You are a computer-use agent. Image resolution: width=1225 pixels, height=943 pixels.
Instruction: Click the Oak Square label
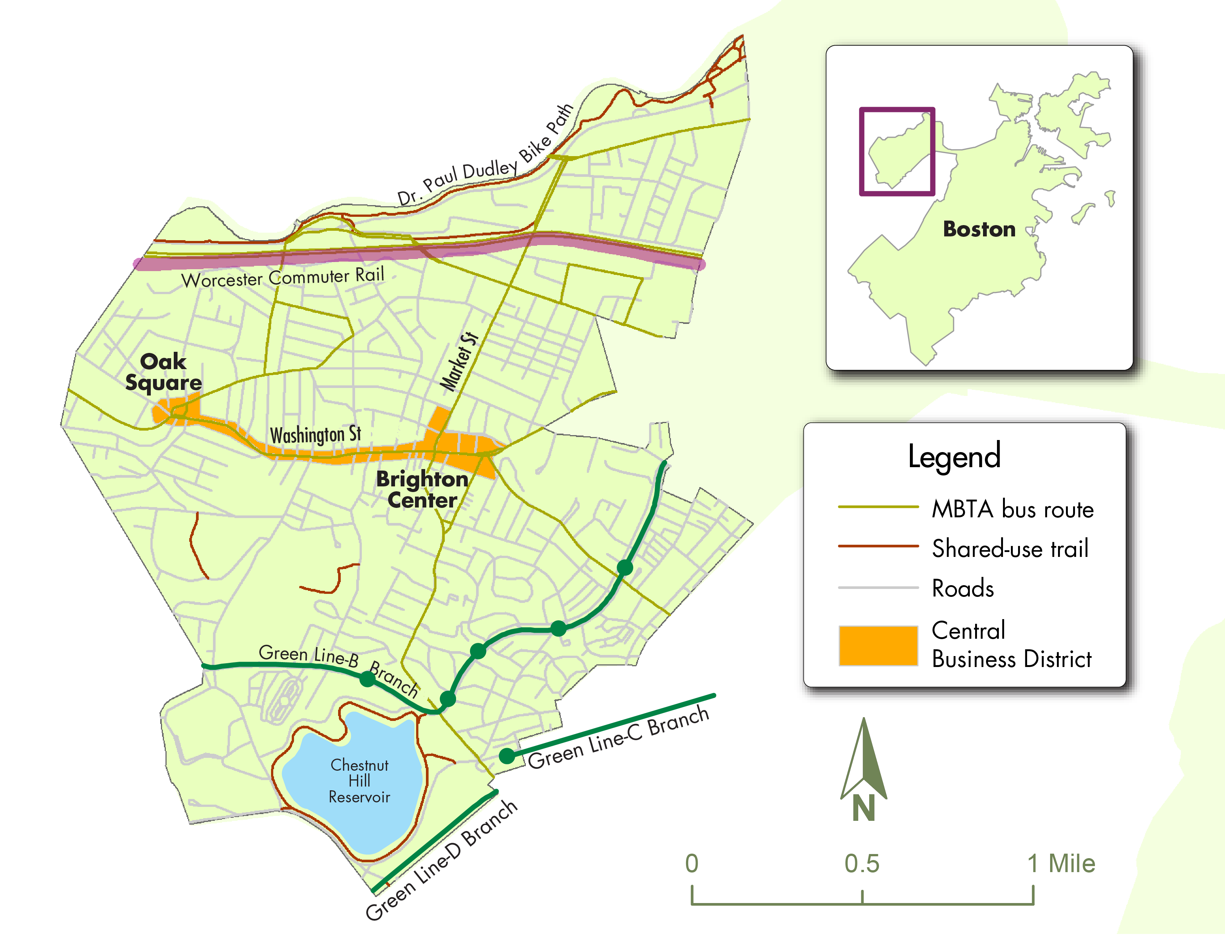tap(163, 372)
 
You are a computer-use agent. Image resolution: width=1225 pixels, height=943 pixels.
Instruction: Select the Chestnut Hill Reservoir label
tap(360, 780)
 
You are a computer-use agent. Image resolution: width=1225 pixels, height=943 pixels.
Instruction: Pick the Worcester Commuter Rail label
tap(283, 278)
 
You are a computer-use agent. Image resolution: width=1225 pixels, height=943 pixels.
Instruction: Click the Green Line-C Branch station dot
tap(507, 756)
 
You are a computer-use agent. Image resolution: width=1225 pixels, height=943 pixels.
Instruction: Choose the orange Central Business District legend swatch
tap(878, 646)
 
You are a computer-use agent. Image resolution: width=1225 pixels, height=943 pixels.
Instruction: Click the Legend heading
tap(954, 457)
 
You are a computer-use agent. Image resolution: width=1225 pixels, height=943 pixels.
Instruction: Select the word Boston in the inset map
tap(979, 229)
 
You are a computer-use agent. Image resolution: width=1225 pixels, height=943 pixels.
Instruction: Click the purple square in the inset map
tap(897, 152)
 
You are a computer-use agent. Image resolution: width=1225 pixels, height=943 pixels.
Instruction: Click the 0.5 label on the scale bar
tap(862, 864)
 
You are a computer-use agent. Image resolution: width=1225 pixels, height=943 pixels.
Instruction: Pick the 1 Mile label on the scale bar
tap(1061, 864)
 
